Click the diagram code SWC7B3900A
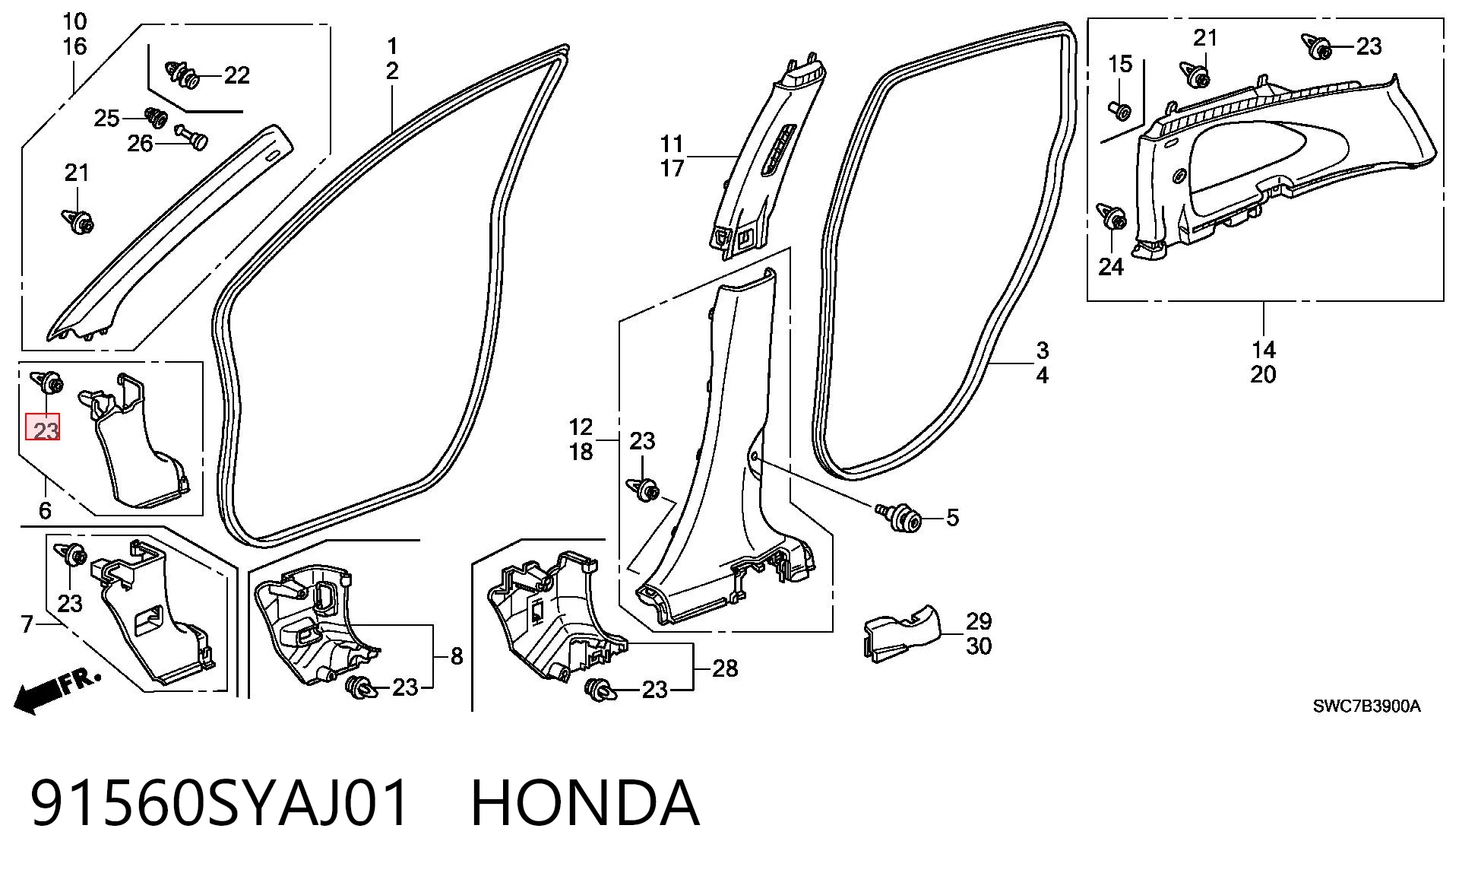pyautogui.click(x=1366, y=706)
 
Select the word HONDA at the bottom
pyautogui.click(x=585, y=803)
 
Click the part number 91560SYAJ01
pyautogui.click(x=220, y=803)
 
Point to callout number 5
pyautogui.click(x=952, y=518)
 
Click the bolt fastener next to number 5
pyautogui.click(x=900, y=516)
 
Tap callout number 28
pyautogui.click(x=725, y=668)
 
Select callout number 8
pyautogui.click(x=457, y=656)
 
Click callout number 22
pyautogui.click(x=236, y=75)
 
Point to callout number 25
pyautogui.click(x=106, y=118)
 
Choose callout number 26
pyautogui.click(x=140, y=144)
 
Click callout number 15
pyautogui.click(x=1120, y=65)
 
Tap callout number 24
pyautogui.click(x=1111, y=267)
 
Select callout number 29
pyautogui.click(x=979, y=621)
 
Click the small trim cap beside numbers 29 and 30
pyautogui.click(x=902, y=633)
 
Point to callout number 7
pyautogui.click(x=27, y=625)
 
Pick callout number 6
pyautogui.click(x=45, y=510)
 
